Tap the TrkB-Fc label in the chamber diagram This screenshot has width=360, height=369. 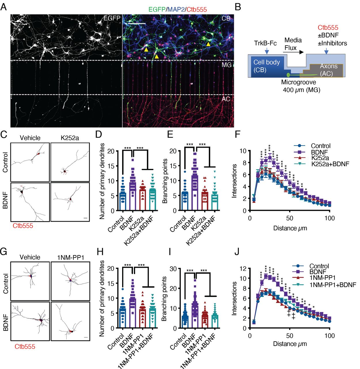[x=265, y=43]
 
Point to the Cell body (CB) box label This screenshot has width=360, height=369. [x=266, y=66]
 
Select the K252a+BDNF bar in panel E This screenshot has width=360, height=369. [x=215, y=202]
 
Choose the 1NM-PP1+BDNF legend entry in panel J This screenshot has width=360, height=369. [x=333, y=285]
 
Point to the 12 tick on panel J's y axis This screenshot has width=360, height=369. [x=244, y=268]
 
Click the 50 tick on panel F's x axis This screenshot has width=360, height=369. [x=290, y=218]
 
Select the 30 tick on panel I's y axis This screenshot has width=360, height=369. [x=174, y=268]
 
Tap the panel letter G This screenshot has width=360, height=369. [x=4, y=251]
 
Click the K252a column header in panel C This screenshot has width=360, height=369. [x=70, y=138]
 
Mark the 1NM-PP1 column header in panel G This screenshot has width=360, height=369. [x=70, y=257]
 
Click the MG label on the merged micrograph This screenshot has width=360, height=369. [x=226, y=65]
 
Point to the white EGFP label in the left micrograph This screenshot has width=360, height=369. [x=112, y=18]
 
